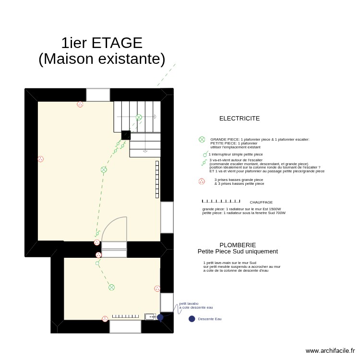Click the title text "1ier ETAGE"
tap(102, 43)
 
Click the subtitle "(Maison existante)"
tap(102, 59)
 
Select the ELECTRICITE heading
tap(240, 119)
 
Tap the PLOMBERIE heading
tap(238, 245)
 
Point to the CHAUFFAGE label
tap(261, 203)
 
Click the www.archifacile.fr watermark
tap(330, 351)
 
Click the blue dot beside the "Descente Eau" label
tap(192, 319)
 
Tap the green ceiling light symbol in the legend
tap(202, 140)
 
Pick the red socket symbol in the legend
tap(202, 181)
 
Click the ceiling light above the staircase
tap(139, 117)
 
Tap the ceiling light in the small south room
tap(111, 288)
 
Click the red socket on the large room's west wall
tap(40, 159)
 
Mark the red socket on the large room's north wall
tap(80, 104)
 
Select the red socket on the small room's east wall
tap(157, 288)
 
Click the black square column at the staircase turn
tap(126, 135)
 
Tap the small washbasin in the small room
tap(150, 317)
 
